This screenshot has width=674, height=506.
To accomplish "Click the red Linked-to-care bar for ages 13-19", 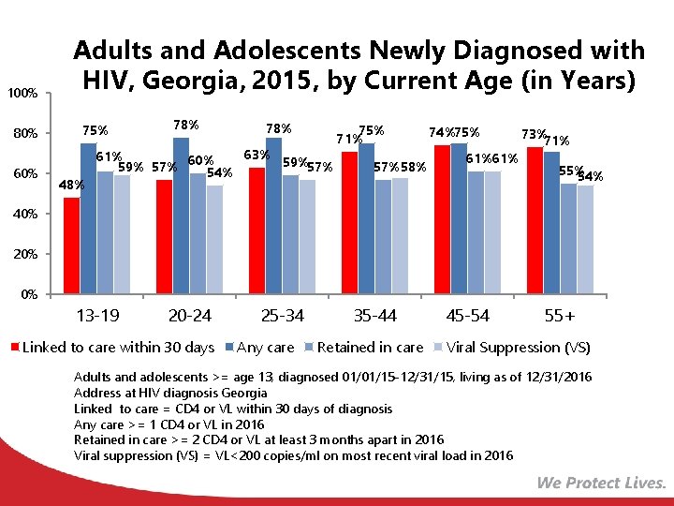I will coord(71,246).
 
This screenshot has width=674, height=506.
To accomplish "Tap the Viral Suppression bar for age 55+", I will coord(585,240).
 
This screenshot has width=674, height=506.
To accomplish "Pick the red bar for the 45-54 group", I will coord(442,219).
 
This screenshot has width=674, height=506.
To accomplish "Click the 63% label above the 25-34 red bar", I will coord(256,155).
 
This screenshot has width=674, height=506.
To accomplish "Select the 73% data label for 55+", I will coord(535,135).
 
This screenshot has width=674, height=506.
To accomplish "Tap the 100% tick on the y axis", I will coord(22,94).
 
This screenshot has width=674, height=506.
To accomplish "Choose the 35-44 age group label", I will coord(374,316).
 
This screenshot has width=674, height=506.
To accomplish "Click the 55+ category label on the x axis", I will coord(559,316).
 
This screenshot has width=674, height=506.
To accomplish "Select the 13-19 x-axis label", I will coord(97,316).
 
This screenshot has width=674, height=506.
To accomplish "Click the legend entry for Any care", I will coord(266,348).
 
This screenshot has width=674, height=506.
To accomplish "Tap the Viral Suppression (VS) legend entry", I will coord(518,348).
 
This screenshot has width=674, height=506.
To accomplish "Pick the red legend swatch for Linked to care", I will coord(15,348).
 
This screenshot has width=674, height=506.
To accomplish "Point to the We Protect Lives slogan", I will coord(601,484).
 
